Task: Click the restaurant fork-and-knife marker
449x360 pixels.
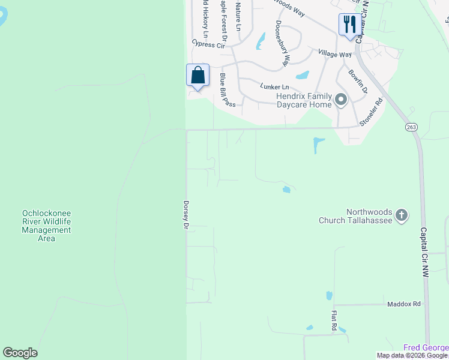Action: pos(350,25)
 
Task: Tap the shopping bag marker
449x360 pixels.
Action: pos(197,76)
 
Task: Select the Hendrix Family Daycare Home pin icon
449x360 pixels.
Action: pos(341,100)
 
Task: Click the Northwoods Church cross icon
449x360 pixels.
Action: pos(402,214)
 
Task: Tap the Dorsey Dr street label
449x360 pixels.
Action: pos(187,215)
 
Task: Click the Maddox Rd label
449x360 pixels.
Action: pos(403,304)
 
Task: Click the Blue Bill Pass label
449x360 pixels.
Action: pos(228,90)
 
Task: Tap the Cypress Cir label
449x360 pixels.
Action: pos(208,44)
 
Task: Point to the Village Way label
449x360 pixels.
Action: pos(334,54)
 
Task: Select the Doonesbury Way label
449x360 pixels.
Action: pos(283,43)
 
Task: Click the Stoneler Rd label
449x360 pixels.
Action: pos(371,113)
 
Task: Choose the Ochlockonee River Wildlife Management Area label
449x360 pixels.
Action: pos(46,226)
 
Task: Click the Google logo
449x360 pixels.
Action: pos(20,353)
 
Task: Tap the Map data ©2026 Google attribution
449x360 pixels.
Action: pos(412,356)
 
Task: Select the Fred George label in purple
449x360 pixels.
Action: pos(426,347)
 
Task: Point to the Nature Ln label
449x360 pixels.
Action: pos(238,16)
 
